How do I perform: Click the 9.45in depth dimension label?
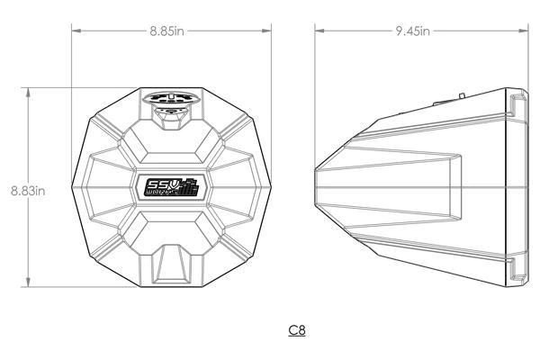[x=412, y=31]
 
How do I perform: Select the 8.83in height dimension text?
[x=27, y=190]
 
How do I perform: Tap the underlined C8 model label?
[x=297, y=330]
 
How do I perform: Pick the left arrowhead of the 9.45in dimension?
[x=318, y=31]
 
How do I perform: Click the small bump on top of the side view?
[x=461, y=92]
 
